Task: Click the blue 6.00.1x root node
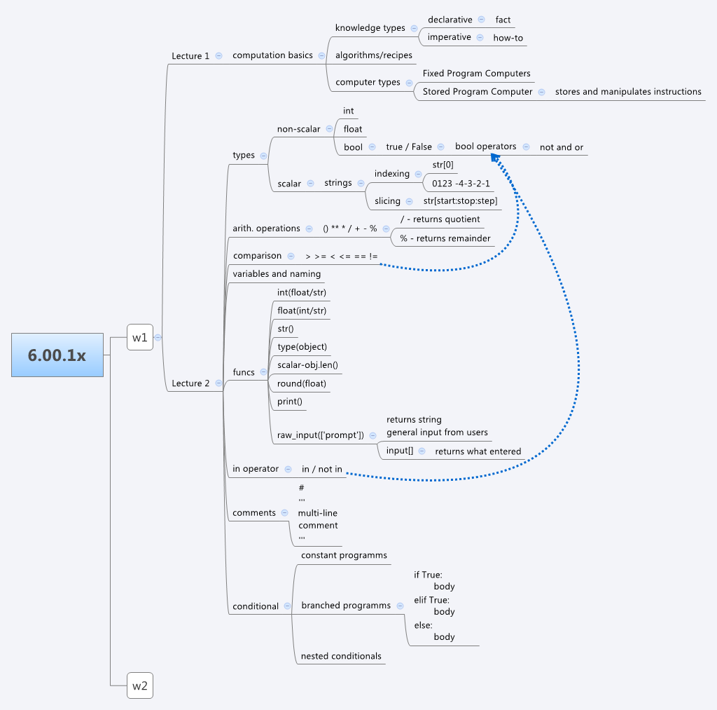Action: tap(57, 355)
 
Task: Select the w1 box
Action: tap(139, 337)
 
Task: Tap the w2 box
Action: tap(139, 685)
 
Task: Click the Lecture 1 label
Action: tap(190, 55)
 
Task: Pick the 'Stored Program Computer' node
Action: tap(478, 92)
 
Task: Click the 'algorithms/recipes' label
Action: tap(374, 55)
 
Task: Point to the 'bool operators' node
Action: tap(486, 146)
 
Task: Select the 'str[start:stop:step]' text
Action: tap(460, 201)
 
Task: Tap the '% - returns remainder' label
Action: tap(445, 238)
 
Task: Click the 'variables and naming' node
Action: tap(277, 274)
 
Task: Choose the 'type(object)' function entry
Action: tap(302, 346)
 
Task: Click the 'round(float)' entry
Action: tap(302, 383)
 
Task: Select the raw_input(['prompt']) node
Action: tap(320, 435)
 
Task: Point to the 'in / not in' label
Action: tap(322, 469)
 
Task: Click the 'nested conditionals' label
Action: tap(341, 656)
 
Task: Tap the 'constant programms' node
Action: tap(344, 555)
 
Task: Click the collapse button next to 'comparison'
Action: tap(291, 256)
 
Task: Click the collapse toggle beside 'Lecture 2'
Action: tap(218, 383)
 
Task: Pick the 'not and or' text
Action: tap(562, 147)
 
